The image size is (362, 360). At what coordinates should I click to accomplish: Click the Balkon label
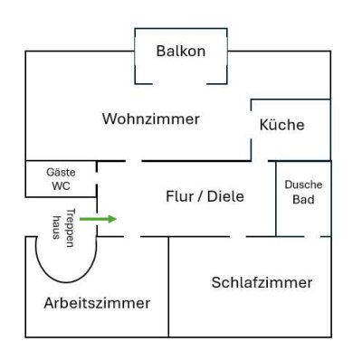180,51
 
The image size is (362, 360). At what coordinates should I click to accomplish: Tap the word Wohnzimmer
150,118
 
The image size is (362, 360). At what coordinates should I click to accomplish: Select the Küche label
281,125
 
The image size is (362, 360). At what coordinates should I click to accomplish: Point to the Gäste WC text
61,178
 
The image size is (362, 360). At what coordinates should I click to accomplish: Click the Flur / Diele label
205,195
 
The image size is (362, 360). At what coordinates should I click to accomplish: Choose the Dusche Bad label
303,192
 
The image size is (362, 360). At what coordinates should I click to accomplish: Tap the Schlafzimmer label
262,282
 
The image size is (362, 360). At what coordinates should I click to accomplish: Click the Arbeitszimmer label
97,302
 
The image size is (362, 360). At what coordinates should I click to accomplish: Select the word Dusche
303,185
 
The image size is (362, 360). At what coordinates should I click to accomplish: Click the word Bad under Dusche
303,199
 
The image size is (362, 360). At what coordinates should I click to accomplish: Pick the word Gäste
61,171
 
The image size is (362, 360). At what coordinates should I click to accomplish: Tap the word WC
61,185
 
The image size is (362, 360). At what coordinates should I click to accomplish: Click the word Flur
179,195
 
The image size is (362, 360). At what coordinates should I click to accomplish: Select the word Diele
226,195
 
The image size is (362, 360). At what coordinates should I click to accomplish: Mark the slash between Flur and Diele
201,195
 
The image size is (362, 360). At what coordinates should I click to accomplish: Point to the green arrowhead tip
116,219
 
